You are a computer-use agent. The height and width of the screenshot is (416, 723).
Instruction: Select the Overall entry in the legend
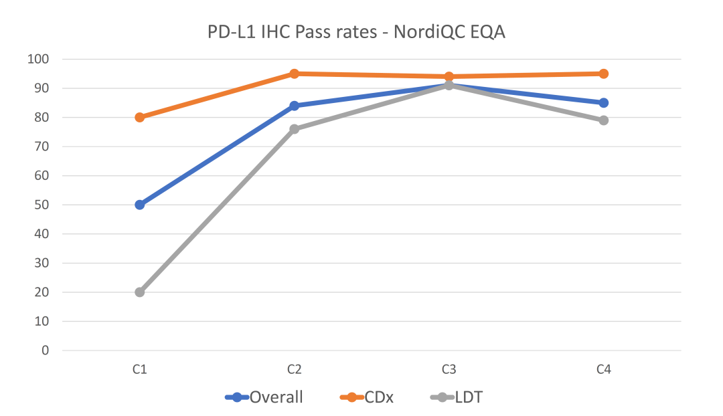click(264, 397)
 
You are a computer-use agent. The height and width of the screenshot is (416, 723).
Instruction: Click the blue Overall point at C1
click(140, 205)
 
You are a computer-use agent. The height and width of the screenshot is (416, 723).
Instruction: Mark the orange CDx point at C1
click(140, 117)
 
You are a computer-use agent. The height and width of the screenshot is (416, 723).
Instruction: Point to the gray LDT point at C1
click(140, 292)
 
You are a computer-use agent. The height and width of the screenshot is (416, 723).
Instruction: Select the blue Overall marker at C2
click(295, 106)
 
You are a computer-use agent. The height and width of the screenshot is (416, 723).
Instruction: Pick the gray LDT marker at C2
click(295, 129)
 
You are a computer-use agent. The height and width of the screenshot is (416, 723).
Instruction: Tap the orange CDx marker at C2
click(295, 74)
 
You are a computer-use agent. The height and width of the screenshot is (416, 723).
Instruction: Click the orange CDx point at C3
click(449, 76)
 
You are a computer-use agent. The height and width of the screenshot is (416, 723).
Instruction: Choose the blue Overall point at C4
click(604, 102)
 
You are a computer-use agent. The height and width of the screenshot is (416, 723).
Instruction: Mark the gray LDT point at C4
click(604, 120)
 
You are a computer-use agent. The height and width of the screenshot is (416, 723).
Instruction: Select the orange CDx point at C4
click(604, 74)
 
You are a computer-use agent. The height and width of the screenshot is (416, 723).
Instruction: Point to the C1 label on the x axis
click(140, 369)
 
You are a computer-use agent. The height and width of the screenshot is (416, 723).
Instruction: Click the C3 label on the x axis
click(449, 369)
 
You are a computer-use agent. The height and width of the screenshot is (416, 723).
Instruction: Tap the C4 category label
click(604, 369)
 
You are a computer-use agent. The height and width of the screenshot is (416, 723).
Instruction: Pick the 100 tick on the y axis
click(39, 59)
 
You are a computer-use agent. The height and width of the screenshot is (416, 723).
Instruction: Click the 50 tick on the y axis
click(42, 205)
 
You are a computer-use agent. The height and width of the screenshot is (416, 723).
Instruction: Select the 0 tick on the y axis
click(46, 350)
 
